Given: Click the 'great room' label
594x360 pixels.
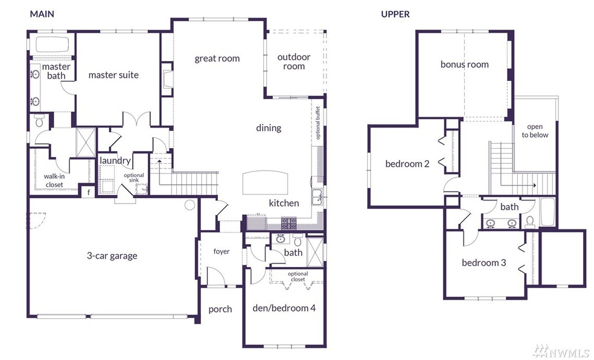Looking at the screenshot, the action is pos(217,59).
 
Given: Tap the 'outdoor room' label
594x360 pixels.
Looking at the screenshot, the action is pos(293,62).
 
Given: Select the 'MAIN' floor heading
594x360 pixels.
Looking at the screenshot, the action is pos(42,14).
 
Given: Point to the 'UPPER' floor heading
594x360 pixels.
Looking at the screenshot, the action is pos(395,14).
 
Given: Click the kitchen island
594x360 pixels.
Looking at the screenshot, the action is pos(265,182).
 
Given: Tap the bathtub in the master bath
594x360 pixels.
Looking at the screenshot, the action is pos(52,45).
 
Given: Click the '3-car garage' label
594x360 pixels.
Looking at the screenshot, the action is pos(112,256).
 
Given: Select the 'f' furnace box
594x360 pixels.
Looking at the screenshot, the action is pos(89,191).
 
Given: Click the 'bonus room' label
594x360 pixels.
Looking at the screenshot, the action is pos(464,65).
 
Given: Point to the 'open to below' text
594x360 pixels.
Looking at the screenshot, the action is pos(535,130).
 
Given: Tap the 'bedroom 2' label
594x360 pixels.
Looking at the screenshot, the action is pos(407,164).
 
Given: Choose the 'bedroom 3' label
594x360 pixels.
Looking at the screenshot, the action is pos(484,263).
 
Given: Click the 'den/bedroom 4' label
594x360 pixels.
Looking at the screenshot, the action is pos(284,307).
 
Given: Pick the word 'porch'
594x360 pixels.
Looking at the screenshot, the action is pos(220,309).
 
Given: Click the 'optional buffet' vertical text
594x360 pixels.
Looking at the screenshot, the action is pos(318,123).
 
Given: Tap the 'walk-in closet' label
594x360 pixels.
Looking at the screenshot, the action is pos(54,181).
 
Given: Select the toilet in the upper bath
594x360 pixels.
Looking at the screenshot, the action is pos(530,222).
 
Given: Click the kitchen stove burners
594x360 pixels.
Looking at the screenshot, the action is pos(289,223).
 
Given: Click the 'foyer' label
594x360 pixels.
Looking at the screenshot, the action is pos(221,252).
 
